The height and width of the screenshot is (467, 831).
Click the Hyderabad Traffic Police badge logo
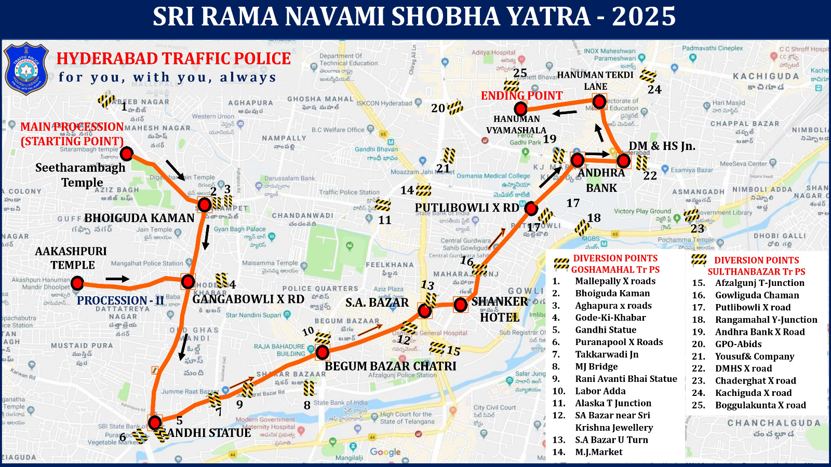coord(26,69)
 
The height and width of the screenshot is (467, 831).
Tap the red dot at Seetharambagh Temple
coord(126,154)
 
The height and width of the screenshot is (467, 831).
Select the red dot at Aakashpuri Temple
coord(77,283)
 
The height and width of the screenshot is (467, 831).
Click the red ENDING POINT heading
coord(521,95)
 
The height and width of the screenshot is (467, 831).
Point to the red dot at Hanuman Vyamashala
coord(520,109)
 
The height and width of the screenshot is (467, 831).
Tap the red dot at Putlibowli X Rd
coord(531,209)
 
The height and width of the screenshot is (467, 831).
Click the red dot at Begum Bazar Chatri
coord(323,353)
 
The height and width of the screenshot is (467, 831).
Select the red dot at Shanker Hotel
coord(460,305)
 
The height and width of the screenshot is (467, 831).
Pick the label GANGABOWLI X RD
coord(248,299)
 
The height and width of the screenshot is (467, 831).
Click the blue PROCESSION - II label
coord(120,300)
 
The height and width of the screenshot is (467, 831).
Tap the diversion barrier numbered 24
coord(648,76)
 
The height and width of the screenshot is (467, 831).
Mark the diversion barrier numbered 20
coord(455,107)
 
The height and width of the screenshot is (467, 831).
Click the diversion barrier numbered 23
coord(691,215)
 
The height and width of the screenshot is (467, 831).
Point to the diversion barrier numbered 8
coord(309,388)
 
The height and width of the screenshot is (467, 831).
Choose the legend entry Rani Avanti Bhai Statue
coord(626,379)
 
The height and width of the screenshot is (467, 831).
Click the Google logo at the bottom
coord(385,452)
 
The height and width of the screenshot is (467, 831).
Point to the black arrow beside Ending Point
coord(565,113)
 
